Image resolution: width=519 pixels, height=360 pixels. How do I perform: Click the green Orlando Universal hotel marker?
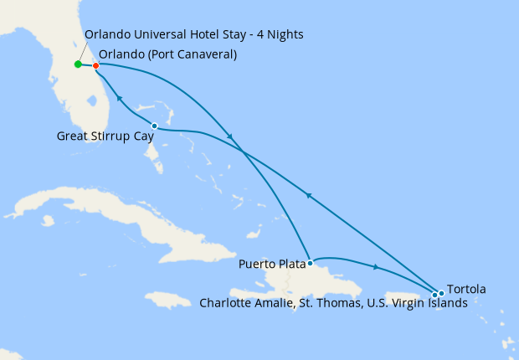[78, 64]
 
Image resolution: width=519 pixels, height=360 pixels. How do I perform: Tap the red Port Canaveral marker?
[96, 65]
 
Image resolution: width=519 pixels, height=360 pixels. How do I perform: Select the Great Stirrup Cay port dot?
[154, 126]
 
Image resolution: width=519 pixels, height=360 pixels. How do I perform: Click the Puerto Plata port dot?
[310, 262]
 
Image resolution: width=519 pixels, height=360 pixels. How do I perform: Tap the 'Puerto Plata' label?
[272, 265]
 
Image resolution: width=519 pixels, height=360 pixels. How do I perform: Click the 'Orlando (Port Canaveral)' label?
[167, 54]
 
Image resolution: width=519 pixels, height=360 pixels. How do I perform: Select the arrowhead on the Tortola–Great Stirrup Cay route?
[309, 196]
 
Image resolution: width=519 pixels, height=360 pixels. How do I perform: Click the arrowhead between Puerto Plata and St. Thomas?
[375, 267]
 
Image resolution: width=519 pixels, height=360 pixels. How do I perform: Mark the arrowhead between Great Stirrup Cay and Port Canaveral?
[119, 99]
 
